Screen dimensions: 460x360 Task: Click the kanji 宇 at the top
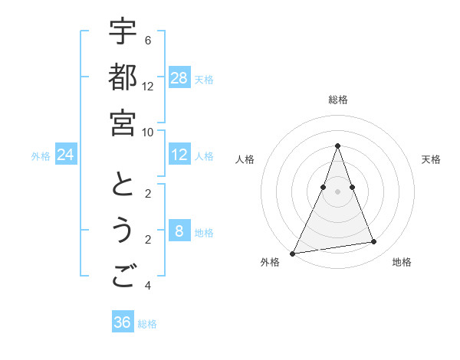[x=123, y=31]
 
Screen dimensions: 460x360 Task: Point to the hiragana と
[x=123, y=185]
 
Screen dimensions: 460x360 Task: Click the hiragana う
[x=123, y=230]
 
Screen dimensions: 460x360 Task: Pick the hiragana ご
[x=123, y=275]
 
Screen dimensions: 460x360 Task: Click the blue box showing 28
[x=179, y=77]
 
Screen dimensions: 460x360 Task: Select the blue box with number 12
[x=179, y=155]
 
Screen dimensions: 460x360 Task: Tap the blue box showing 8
[x=179, y=231]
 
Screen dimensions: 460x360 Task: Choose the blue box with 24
[x=66, y=155]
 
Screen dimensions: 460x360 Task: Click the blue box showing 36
[x=123, y=322]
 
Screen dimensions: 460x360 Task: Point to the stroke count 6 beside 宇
[x=147, y=40]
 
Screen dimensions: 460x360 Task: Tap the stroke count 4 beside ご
[x=147, y=286]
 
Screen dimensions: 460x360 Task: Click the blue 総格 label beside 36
[x=147, y=324]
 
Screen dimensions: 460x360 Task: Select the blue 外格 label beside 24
[x=41, y=156]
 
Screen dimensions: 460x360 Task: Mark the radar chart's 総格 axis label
[x=338, y=100]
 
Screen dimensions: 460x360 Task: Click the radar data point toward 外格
[x=292, y=253]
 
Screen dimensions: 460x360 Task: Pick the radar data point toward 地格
[x=374, y=242]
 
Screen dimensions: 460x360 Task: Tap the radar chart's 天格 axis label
[x=431, y=159]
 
